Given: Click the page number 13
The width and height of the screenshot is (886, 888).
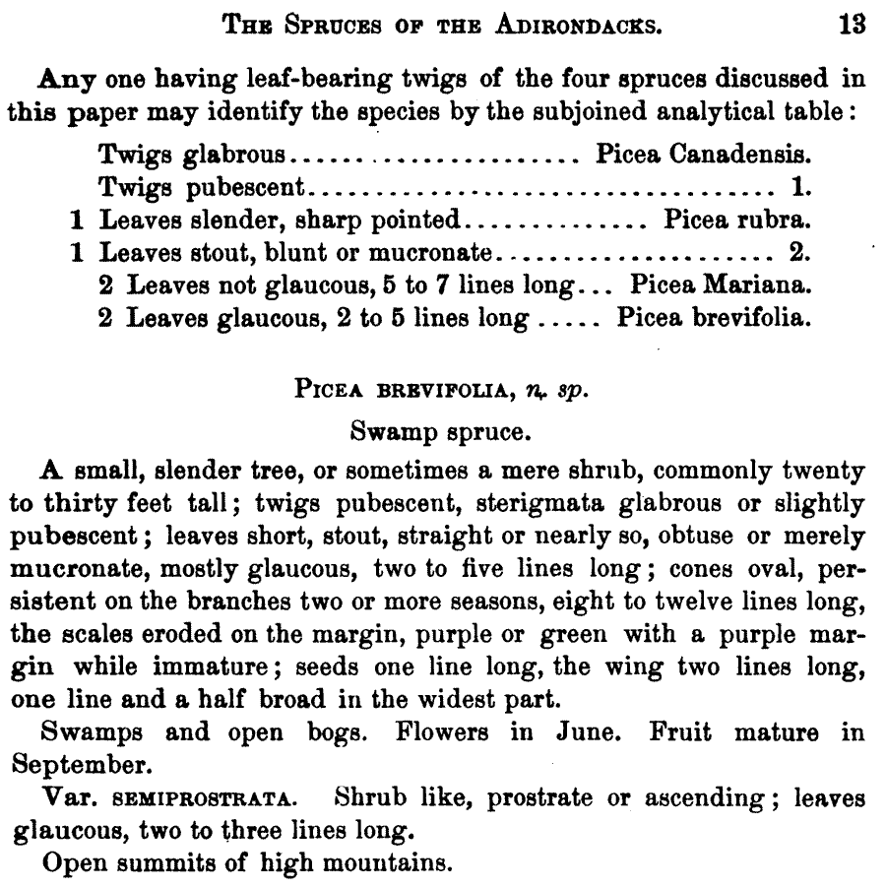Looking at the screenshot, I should (852, 25).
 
